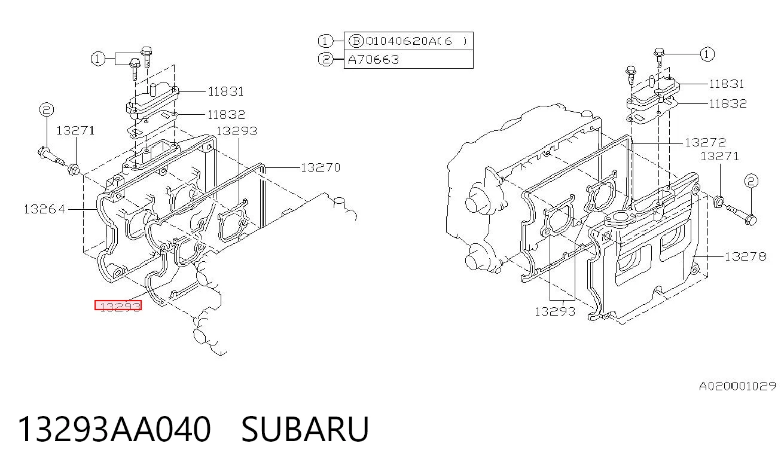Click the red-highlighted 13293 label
(x=118, y=305)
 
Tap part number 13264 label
(x=44, y=209)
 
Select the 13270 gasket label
(x=321, y=167)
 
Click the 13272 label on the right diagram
(x=705, y=142)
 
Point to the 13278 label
(x=746, y=257)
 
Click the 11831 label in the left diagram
(x=225, y=91)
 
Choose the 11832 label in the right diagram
(x=728, y=103)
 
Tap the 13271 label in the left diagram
(x=75, y=131)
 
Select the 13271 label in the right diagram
(x=719, y=156)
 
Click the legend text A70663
(x=373, y=60)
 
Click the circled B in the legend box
(x=356, y=41)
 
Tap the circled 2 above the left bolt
(x=47, y=109)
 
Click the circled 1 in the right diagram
(x=707, y=54)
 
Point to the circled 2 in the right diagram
(x=751, y=181)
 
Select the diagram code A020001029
(x=737, y=386)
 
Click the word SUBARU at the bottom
(x=305, y=429)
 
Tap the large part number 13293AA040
(x=114, y=429)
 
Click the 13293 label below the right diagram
(x=555, y=311)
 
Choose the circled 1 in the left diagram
(x=97, y=59)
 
